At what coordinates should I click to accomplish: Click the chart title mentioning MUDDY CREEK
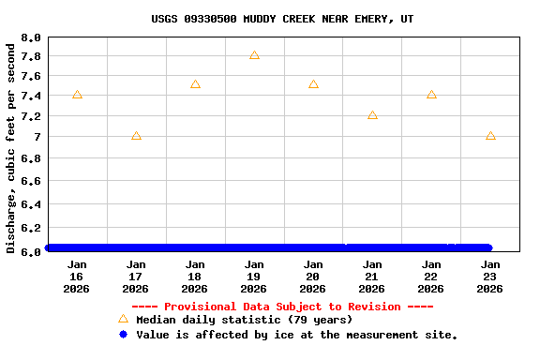pyautogui.click(x=282, y=19)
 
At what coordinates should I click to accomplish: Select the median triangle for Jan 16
pyautogui.click(x=77, y=95)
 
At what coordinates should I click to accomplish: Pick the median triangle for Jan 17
pyautogui.click(x=136, y=136)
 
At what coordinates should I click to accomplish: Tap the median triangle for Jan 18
pyautogui.click(x=195, y=84)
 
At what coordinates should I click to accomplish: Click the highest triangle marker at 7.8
pyautogui.click(x=254, y=55)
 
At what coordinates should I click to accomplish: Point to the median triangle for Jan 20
pyautogui.click(x=313, y=84)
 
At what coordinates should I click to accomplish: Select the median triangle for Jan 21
pyautogui.click(x=372, y=115)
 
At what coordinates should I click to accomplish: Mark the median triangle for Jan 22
pyautogui.click(x=431, y=95)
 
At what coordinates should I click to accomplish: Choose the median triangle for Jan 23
pyautogui.click(x=490, y=136)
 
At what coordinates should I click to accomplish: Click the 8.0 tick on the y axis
pyautogui.click(x=31, y=38)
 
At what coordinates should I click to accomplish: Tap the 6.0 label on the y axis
pyautogui.click(x=31, y=251)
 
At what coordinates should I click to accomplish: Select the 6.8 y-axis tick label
pyautogui.click(x=31, y=159)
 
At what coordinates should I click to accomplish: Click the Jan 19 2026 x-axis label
pyautogui.click(x=254, y=277)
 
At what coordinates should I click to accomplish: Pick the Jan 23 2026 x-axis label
pyautogui.click(x=490, y=277)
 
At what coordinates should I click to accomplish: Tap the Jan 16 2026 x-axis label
pyautogui.click(x=77, y=277)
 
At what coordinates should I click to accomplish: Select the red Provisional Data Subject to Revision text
pyautogui.click(x=282, y=307)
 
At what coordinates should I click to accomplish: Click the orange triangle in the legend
pyautogui.click(x=123, y=319)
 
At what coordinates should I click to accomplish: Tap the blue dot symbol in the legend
pyautogui.click(x=123, y=334)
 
